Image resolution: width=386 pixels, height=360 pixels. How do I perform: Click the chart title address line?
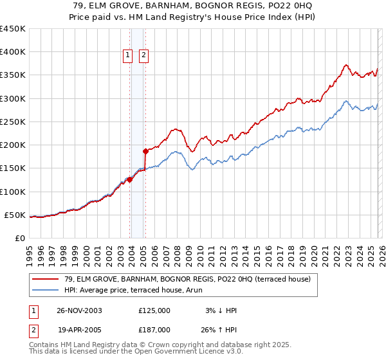tap(193, 5)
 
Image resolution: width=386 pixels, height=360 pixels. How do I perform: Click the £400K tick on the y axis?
tap(12, 52)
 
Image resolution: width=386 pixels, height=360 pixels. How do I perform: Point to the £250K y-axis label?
tap(12, 122)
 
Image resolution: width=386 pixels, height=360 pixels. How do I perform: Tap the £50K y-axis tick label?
tap(15, 215)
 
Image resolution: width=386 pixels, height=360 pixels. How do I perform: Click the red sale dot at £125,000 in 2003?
tap(130, 180)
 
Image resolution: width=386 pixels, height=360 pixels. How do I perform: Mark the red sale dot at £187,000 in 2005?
tap(146, 151)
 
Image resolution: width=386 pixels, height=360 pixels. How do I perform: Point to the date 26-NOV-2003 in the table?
tap(78, 310)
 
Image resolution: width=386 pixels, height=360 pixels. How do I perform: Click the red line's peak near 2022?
tap(346, 65)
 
